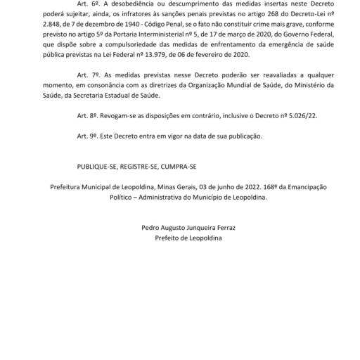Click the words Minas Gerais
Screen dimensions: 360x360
coord(181,187)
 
